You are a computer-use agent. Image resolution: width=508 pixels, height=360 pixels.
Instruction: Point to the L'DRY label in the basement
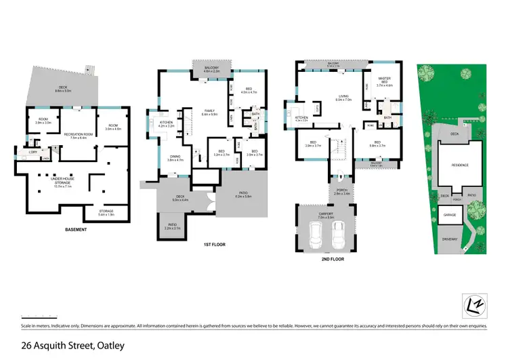pos(33,151)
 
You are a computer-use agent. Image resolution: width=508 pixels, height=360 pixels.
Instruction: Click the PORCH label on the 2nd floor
pos(341,192)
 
